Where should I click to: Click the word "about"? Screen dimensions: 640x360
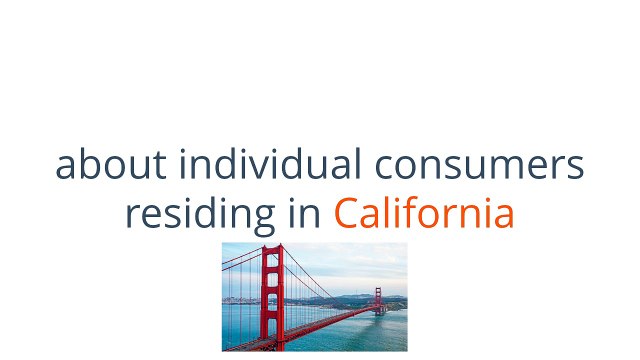coord(111,164)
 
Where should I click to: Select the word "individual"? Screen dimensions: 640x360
coord(270,163)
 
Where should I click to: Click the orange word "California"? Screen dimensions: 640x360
coord(424,212)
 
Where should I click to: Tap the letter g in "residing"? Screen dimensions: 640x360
coord(262,220)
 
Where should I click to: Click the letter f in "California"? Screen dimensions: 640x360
coord(411,212)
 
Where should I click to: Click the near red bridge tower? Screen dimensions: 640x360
coord(273,297)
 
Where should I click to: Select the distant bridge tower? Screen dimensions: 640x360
coord(378,301)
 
